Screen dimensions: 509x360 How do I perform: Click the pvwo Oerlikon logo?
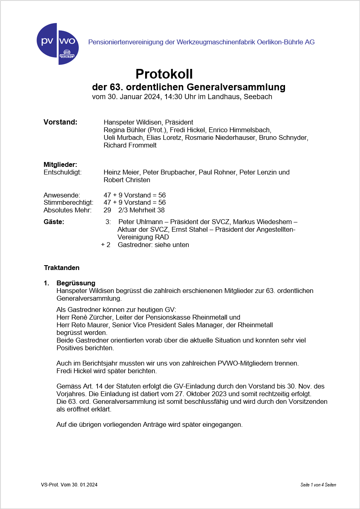pyautogui.click(x=58, y=44)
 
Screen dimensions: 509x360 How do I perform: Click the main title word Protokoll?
pyautogui.click(x=164, y=74)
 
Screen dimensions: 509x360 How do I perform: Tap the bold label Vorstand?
pyautogui.click(x=60, y=122)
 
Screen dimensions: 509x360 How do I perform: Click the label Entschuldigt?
pyautogui.click(x=62, y=172)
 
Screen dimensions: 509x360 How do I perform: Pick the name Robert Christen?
pyautogui.click(x=127, y=180)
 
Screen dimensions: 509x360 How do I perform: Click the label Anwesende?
pyautogui.click(x=62, y=195)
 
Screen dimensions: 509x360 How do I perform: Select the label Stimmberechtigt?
pyautogui.click(x=68, y=202)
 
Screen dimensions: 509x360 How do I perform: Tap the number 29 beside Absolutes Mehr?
pyautogui.click(x=107, y=210)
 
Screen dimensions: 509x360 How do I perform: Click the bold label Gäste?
pyautogui.click(x=54, y=222)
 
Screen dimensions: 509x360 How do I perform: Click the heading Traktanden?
pyautogui.click(x=62, y=268)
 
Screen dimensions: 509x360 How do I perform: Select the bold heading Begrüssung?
pyautogui.click(x=76, y=283)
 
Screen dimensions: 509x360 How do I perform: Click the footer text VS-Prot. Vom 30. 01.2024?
pyautogui.click(x=69, y=485)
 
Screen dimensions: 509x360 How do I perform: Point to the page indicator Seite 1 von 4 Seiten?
pyautogui.click(x=318, y=485)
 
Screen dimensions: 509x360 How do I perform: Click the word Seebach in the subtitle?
pyautogui.click(x=258, y=97)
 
